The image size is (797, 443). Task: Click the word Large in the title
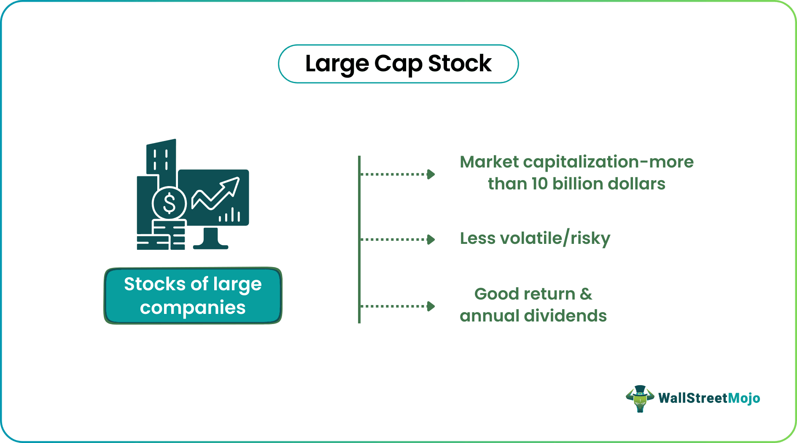337,64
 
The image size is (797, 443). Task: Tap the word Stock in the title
460,64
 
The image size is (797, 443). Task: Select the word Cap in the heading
398,64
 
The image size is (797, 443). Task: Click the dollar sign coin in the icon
169,203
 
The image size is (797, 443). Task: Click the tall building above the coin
161,157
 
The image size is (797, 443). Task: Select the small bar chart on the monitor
229,215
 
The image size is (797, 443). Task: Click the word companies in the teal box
193,308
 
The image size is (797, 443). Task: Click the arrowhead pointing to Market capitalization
431,174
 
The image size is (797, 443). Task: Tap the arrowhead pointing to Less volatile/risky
431,240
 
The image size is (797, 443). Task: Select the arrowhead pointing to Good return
431,306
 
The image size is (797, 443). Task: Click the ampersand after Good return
586,294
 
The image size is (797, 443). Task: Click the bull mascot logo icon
640,398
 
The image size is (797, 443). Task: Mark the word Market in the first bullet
489,162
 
